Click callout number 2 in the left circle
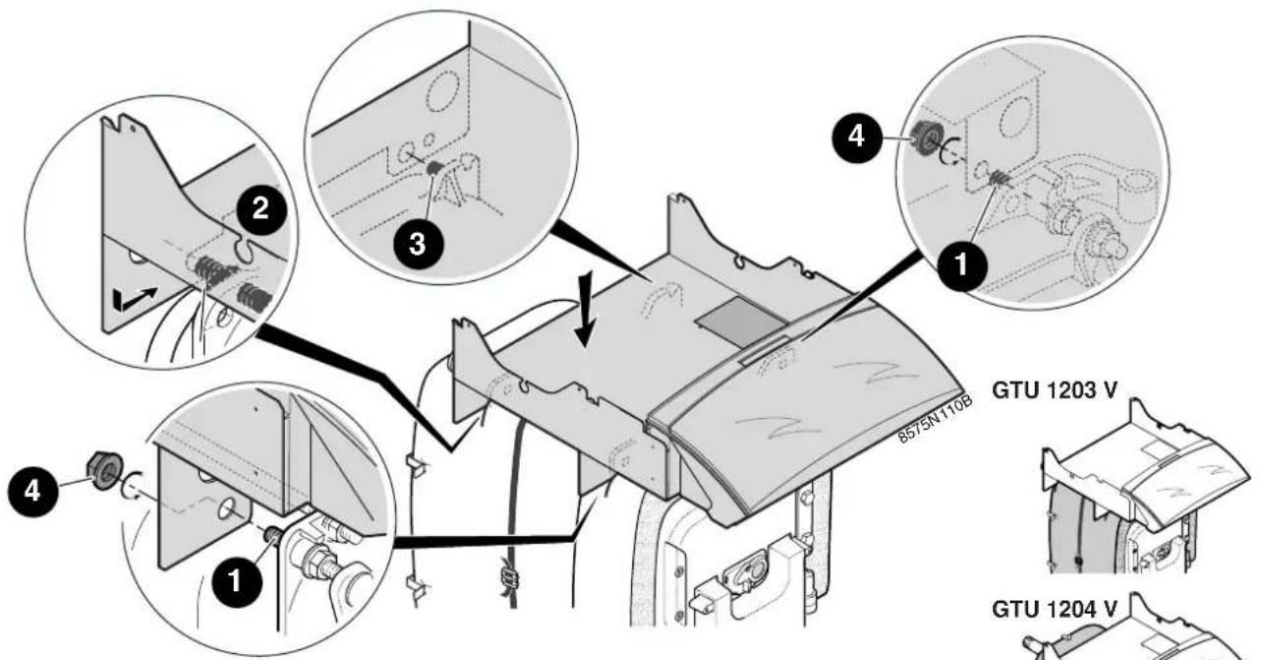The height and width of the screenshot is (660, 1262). tap(260, 210)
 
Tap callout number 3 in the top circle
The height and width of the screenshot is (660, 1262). tap(418, 244)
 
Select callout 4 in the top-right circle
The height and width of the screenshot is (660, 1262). tap(856, 137)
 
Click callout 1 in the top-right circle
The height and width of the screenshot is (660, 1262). tap(961, 264)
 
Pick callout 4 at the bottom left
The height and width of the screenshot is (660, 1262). tap(32, 491)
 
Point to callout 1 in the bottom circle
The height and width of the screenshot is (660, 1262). tap(236, 580)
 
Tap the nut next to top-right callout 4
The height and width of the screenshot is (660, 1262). tap(925, 137)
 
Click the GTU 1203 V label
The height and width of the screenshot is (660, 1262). tap(1055, 390)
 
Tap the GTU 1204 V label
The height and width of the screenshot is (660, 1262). tap(1055, 609)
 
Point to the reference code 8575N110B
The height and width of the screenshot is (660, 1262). tap(936, 419)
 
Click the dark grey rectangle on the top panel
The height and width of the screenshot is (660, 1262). tap(741, 323)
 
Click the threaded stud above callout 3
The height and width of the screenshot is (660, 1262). tap(434, 167)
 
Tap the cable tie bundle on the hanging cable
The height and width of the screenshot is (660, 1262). tap(509, 577)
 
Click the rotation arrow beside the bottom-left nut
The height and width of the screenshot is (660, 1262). tap(133, 485)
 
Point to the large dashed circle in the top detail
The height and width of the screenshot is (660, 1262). tap(444, 92)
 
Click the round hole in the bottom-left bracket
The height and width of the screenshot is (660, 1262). tap(228, 510)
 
